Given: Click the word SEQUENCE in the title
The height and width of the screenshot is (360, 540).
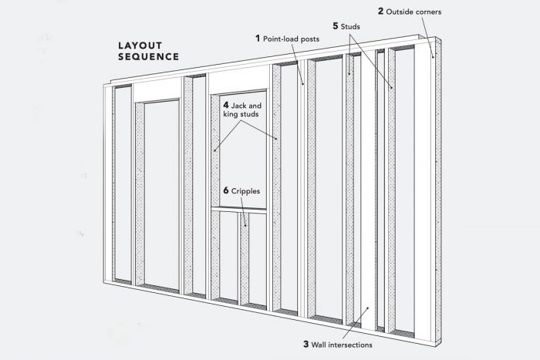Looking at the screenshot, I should (148, 57).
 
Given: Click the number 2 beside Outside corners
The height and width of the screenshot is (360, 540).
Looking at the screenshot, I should (380, 11).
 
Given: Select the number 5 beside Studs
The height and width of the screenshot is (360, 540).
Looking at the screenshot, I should (335, 25).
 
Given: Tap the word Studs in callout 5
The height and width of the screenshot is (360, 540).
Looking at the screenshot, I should (352, 25).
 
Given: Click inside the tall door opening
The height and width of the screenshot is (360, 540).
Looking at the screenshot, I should (161, 193).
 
